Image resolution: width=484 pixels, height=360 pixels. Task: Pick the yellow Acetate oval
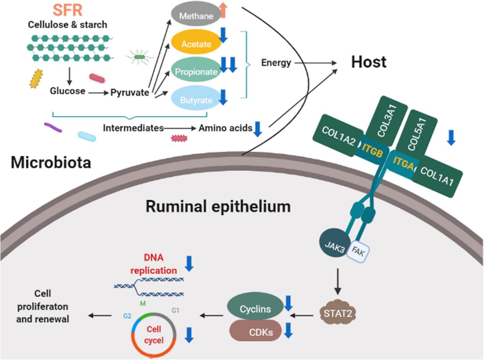point(196,44)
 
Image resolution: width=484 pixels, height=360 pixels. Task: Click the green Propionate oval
point(196,71)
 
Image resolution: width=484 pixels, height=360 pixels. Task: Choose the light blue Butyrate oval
point(196,100)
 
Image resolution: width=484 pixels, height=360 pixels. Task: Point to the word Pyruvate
point(129,92)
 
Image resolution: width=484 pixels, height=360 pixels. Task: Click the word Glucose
point(68,92)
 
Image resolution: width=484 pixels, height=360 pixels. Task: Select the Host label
point(369,62)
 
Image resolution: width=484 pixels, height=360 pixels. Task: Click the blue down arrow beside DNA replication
point(189,264)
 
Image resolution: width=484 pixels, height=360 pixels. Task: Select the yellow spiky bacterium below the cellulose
point(36,79)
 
